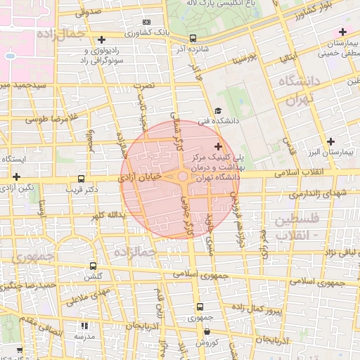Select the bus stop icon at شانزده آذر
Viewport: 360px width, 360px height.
(x=193, y=39)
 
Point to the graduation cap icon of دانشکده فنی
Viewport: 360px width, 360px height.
(x=218, y=110)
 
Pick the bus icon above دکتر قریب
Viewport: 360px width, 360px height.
(x=82, y=179)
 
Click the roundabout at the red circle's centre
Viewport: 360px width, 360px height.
(x=182, y=176)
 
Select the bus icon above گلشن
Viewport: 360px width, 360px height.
(x=94, y=266)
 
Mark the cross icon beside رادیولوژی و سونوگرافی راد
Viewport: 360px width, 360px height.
(x=102, y=40)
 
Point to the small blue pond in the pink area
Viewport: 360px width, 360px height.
(x=9, y=56)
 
